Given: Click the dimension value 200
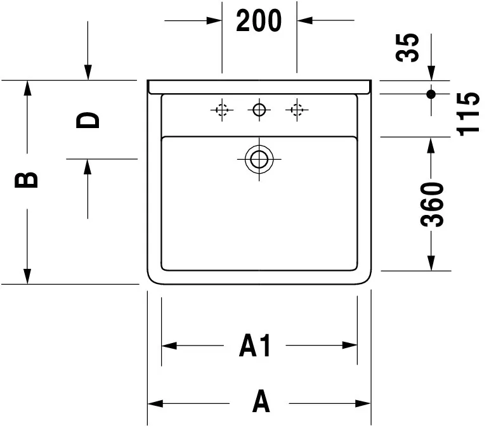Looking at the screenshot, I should coord(259,21).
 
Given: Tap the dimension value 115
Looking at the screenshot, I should coord(469,113).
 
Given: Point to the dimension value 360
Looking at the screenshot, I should coord(432,204).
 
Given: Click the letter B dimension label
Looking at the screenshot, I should coord(27,181).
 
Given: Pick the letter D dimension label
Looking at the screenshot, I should coord(88,120).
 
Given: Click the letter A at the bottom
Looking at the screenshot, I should coord(261,402).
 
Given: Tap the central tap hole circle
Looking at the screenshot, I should coord(258,110).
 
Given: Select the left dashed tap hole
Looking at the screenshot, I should coord(221,111).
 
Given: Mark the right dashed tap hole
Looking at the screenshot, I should coord(296,111).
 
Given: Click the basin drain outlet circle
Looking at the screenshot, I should coord(259,159).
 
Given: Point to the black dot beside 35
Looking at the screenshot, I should coord(431,94).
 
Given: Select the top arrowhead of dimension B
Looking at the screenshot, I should coord(27,88).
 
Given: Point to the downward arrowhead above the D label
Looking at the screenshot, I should coord(88,73).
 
